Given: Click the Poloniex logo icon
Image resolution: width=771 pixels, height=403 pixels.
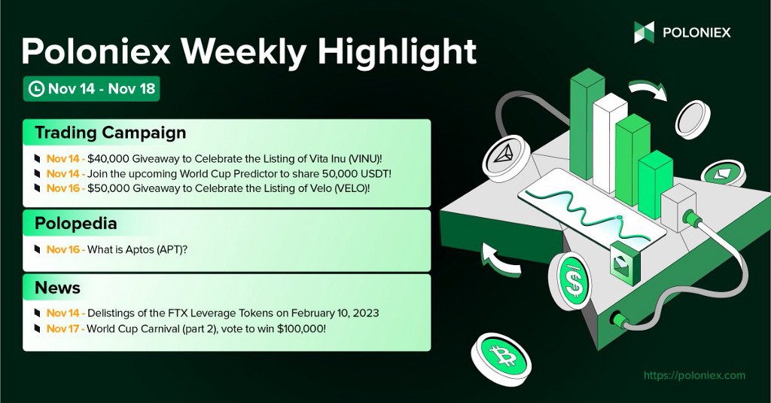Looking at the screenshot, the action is [644, 32].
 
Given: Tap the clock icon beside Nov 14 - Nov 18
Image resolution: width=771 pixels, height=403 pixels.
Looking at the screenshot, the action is [37, 89].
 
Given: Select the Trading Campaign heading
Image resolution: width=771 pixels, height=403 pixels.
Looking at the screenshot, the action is [110, 133].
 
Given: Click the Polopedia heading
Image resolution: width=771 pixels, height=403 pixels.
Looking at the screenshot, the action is [76, 224].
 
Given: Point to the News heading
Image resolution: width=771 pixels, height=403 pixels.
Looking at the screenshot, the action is [57, 288].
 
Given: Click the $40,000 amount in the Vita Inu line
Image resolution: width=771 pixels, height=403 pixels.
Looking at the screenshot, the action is [108, 159].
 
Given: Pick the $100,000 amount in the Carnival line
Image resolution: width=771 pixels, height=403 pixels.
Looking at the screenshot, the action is [300, 328].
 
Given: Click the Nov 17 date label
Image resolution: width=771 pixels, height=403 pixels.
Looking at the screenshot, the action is [63, 328].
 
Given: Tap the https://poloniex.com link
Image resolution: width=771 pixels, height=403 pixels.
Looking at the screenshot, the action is [694, 375].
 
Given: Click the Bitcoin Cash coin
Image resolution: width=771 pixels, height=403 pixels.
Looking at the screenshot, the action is [501, 356].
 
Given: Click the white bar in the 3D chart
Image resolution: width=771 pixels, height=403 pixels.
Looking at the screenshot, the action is [609, 142].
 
